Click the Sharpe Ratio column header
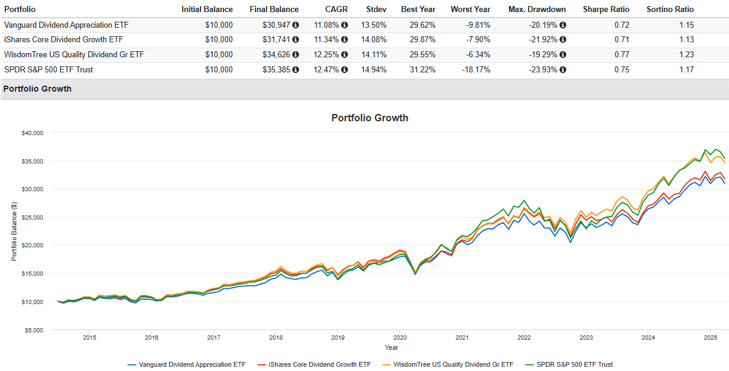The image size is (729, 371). click(606, 9)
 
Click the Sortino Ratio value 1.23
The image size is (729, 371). click(686, 54)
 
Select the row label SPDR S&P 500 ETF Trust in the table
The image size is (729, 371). click(48, 69)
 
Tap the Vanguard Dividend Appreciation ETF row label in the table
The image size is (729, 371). click(66, 25)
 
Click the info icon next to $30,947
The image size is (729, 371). click(295, 25)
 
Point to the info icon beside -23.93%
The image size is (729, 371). click(563, 69)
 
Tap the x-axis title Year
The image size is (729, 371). click(391, 347)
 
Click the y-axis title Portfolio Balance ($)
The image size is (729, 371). click(14, 231)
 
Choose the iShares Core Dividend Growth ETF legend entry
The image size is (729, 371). click(316, 364)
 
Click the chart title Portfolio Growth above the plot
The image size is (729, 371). click(370, 118)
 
